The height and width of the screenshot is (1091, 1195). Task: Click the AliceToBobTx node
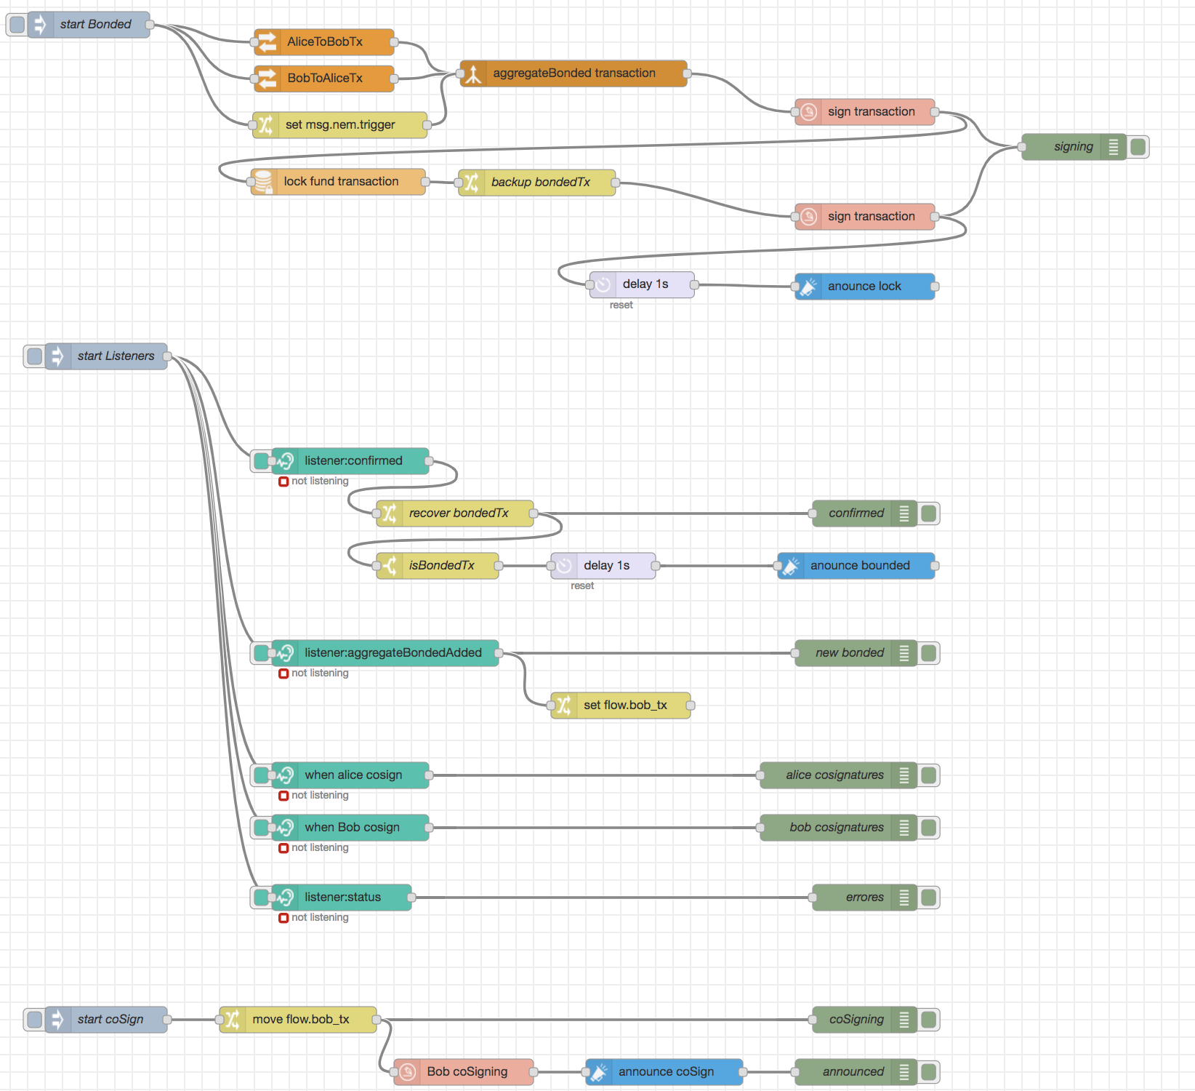click(x=324, y=42)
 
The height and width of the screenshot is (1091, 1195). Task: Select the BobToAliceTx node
click(x=324, y=79)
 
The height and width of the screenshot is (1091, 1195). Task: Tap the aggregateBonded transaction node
click(x=574, y=73)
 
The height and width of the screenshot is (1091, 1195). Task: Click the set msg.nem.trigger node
click(x=339, y=125)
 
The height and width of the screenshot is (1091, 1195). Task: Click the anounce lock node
click(x=864, y=287)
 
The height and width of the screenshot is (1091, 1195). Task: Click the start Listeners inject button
click(x=34, y=356)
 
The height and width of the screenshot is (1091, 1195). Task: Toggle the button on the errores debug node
click(x=928, y=898)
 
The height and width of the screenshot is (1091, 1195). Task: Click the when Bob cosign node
click(x=352, y=828)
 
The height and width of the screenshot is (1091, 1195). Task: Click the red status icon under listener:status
click(x=283, y=918)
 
